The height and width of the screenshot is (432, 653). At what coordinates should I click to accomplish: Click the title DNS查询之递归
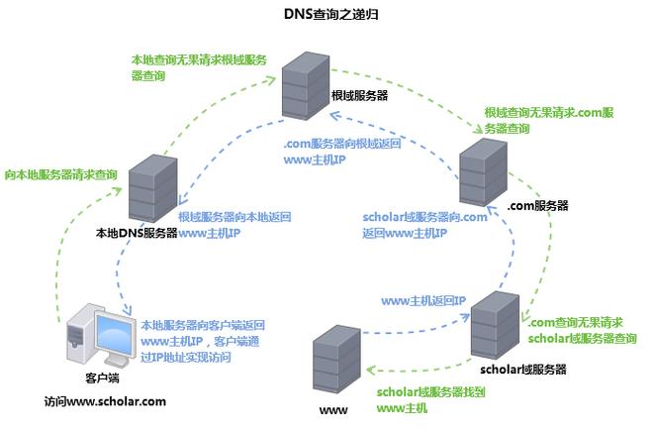coord(326,15)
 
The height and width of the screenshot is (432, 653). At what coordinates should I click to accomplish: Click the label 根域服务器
coord(360,96)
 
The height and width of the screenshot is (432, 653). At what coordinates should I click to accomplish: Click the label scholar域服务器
coord(522,369)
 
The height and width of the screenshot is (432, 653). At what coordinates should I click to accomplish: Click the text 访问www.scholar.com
coord(105,401)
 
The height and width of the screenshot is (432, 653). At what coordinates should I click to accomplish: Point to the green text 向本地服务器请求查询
coord(60,174)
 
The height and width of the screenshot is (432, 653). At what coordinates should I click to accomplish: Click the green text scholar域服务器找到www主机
coord(429,399)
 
